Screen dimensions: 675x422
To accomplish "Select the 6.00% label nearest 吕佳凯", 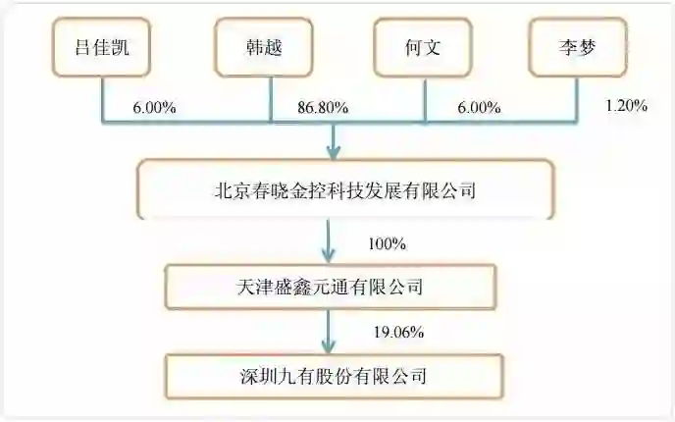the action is [153, 107].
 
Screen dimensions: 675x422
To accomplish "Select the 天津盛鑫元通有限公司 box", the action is [330, 288].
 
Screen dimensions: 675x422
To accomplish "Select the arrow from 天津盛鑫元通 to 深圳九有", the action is [330, 333].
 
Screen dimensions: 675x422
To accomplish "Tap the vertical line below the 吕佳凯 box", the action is [102, 98].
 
